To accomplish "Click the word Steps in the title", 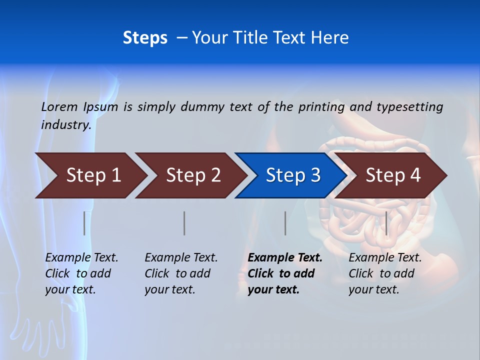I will pyautogui.click(x=145, y=38).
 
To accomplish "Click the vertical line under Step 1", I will pyautogui.click(x=84, y=223).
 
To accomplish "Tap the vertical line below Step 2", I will pyautogui.click(x=184, y=223).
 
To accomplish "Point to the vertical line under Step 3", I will pyautogui.click(x=285, y=223).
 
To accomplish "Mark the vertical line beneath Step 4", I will pyautogui.click(x=386, y=223).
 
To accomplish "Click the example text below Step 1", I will pyautogui.click(x=81, y=273).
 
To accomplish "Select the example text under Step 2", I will pyautogui.click(x=181, y=273).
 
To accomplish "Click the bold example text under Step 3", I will pyautogui.click(x=285, y=273).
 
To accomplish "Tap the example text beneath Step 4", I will pyautogui.click(x=385, y=273).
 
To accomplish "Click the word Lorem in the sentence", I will pyautogui.click(x=59, y=107).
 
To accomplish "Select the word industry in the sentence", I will pyautogui.click(x=65, y=125).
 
